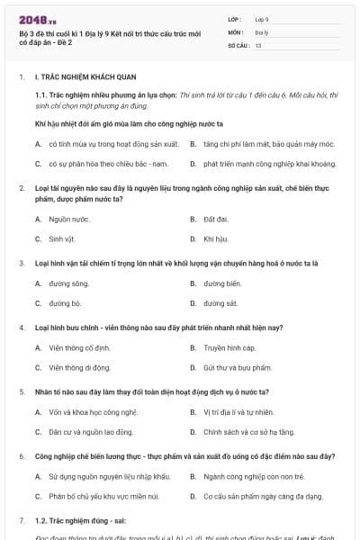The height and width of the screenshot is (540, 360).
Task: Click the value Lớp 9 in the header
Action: point(260,18)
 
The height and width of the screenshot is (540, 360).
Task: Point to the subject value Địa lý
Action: point(261,31)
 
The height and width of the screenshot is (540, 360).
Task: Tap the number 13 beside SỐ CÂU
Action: point(258,44)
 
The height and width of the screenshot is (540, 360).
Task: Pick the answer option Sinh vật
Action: point(64,238)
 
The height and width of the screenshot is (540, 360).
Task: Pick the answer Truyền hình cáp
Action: point(229,347)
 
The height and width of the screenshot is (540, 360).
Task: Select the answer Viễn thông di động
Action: point(80,367)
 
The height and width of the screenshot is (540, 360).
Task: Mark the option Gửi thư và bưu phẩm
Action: point(237,367)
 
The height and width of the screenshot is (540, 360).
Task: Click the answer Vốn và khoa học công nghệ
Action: point(94,412)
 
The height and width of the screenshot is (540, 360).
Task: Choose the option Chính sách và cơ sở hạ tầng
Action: point(248,432)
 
